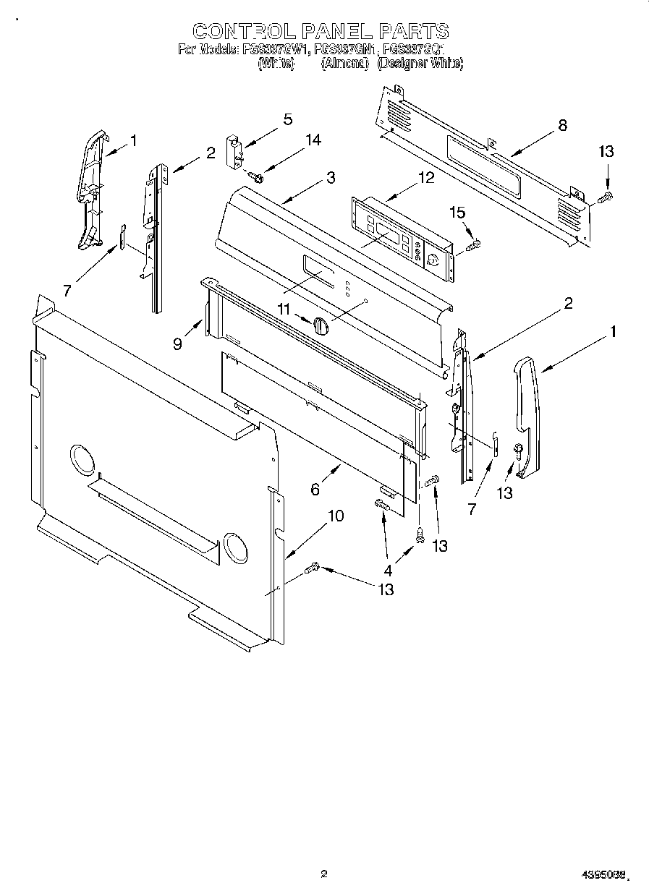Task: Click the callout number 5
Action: tap(287, 119)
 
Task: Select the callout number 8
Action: tap(562, 124)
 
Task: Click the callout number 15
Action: tap(457, 213)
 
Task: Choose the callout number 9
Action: tap(177, 345)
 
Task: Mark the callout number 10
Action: tap(336, 516)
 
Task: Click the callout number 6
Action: tap(315, 490)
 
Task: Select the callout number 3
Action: tap(330, 179)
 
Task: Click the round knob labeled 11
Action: tap(322, 327)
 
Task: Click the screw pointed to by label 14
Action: tap(256, 175)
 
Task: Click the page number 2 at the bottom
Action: tap(324, 874)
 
